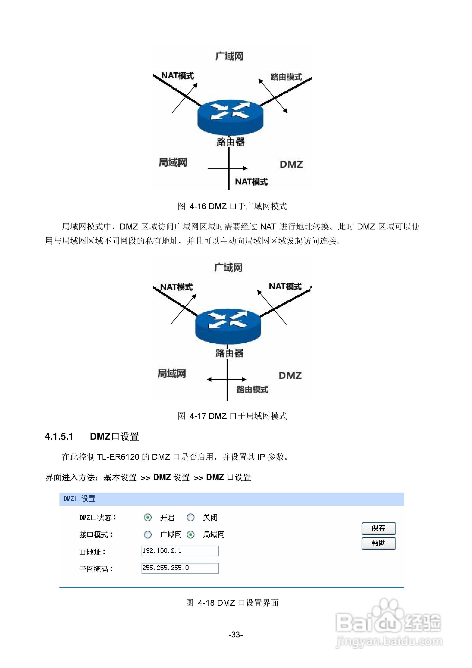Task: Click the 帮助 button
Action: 378,543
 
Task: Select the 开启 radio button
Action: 148,517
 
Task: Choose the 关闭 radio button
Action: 191,517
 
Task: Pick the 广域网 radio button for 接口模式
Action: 148,535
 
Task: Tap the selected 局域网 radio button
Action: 191,535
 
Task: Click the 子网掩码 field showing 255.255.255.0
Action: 180,568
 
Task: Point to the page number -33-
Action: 236,634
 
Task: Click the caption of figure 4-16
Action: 232,206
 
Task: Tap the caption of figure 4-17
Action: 232,416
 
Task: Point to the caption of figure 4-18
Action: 232,603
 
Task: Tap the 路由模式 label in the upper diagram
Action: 286,77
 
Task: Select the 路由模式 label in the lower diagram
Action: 252,389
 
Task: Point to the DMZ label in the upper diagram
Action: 291,164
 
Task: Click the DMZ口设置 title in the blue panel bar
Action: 79,498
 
